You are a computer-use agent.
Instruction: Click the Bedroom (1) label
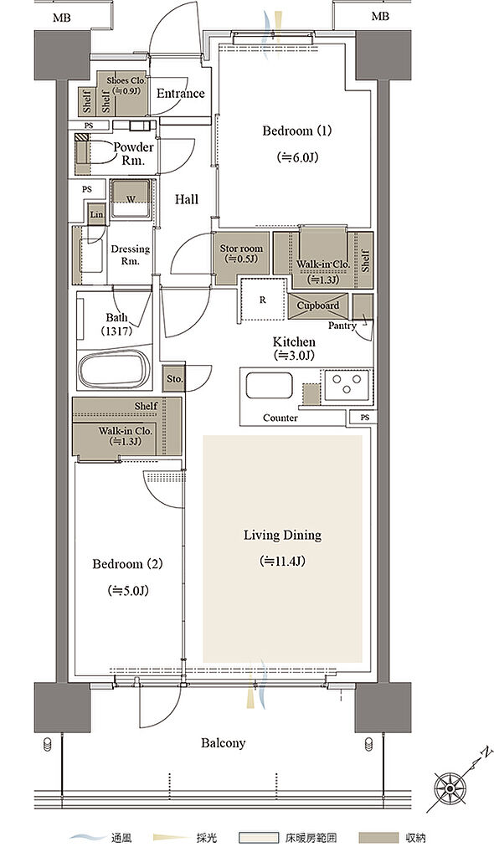pyautogui.click(x=297, y=131)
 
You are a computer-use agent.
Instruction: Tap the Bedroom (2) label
pyautogui.click(x=127, y=564)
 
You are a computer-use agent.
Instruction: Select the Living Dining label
pyautogui.click(x=282, y=535)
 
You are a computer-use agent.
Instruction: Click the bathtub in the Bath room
pyautogui.click(x=115, y=369)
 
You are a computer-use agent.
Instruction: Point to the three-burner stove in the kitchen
pyautogui.click(x=347, y=382)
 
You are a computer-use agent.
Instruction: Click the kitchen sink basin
pyautogui.click(x=269, y=385)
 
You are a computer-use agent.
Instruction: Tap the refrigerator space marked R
pyautogui.click(x=263, y=300)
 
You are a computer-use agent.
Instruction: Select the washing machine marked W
pyautogui.click(x=131, y=199)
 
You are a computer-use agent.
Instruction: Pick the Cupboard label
pyautogui.click(x=318, y=305)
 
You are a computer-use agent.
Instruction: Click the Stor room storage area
pyautogui.click(x=241, y=258)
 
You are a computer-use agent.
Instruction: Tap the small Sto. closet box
pyautogui.click(x=174, y=377)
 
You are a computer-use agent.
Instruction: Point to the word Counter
pyautogui.click(x=280, y=418)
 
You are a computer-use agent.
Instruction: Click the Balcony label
pyautogui.click(x=224, y=743)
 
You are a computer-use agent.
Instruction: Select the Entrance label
pyautogui.click(x=181, y=94)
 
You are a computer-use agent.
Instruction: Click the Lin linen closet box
pyautogui.click(x=97, y=214)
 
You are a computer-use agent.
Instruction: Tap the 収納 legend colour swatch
pyautogui.click(x=378, y=837)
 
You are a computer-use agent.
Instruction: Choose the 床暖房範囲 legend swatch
pyautogui.click(x=259, y=837)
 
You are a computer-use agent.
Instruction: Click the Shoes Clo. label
pyautogui.click(x=126, y=80)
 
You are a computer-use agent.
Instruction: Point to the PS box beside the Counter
pyautogui.click(x=365, y=418)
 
